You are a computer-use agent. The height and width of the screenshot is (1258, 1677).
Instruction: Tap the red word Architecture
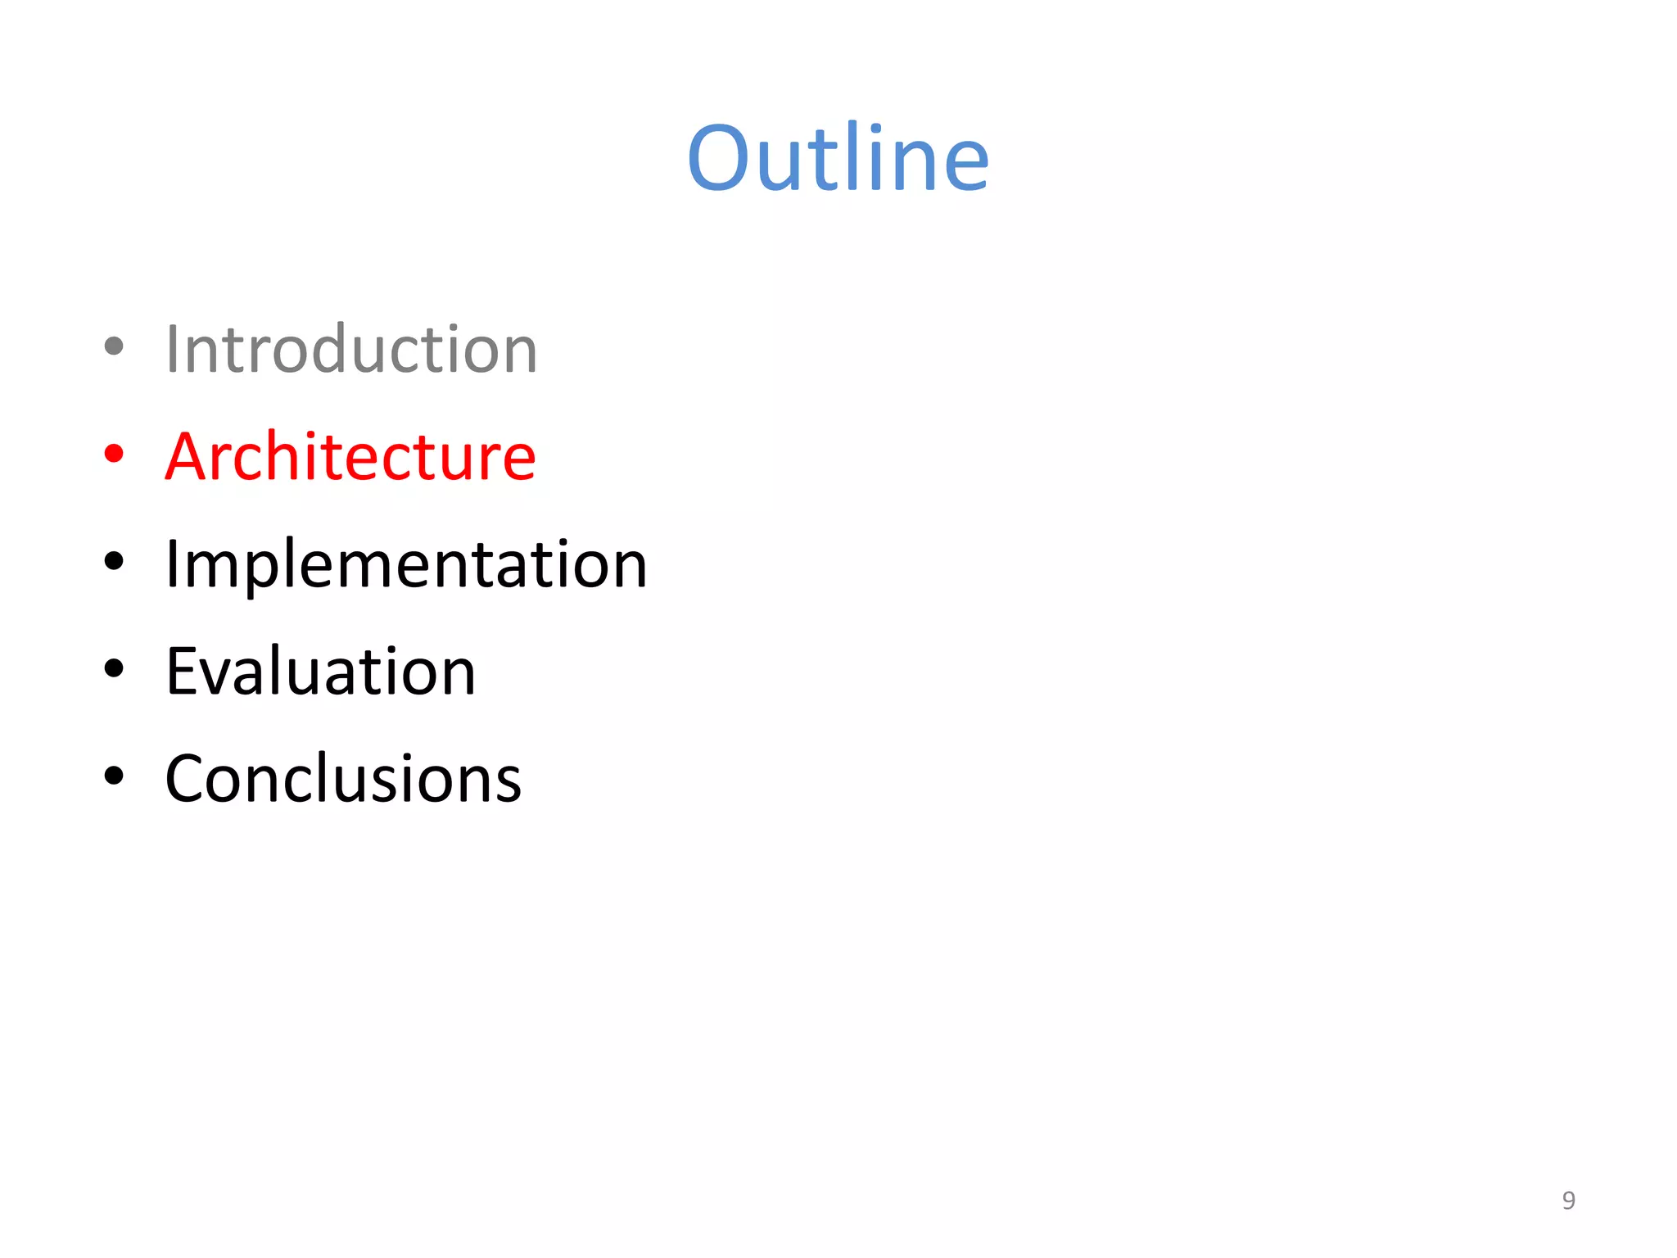350,456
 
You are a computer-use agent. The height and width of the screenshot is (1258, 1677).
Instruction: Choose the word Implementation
406,564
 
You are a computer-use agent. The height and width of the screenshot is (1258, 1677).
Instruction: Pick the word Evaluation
320,672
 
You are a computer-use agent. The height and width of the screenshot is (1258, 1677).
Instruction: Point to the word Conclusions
343,779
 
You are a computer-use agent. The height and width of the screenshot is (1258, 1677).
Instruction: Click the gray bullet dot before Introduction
114,346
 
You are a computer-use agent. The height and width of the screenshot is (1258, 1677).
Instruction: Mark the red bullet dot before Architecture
114,454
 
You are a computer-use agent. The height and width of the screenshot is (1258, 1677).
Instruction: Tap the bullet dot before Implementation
114,562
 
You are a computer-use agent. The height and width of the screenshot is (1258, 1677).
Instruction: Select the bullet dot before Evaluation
114,668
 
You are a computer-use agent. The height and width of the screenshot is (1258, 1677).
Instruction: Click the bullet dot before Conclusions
114,776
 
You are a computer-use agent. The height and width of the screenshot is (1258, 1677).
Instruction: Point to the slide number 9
1568,1200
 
